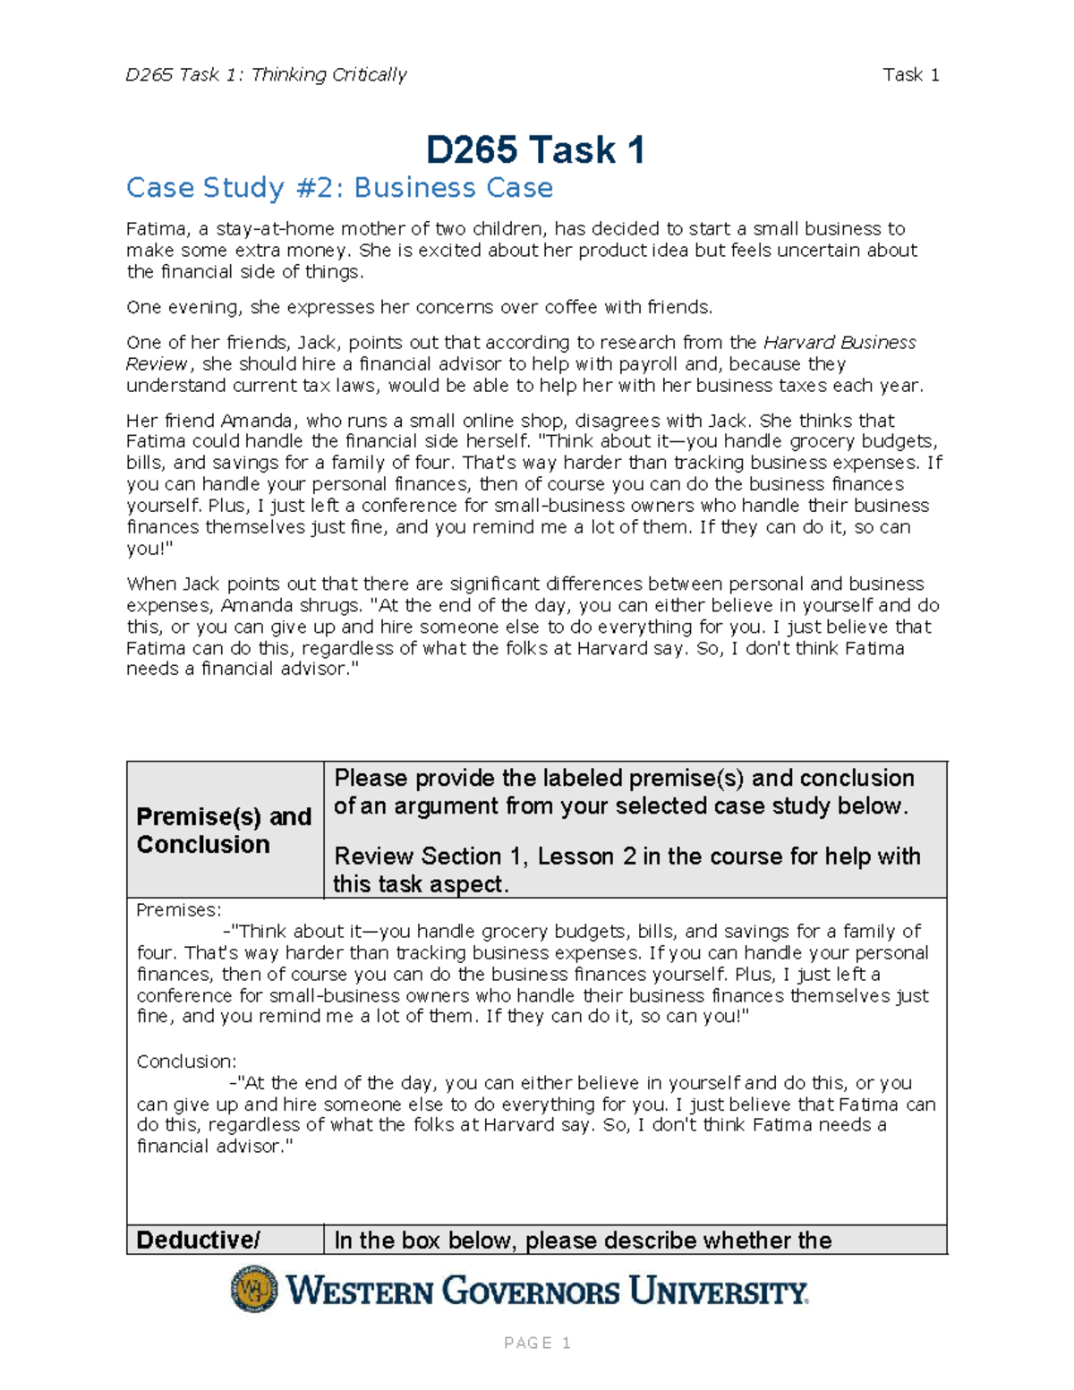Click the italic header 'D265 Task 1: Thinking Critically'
(266, 75)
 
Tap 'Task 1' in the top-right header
(910, 75)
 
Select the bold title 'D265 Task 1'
(535, 150)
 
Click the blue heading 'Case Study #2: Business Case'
(339, 188)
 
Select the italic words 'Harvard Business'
(839, 343)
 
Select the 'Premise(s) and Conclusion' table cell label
(224, 830)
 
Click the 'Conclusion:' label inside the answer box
(186, 1062)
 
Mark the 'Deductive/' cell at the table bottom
(198, 1241)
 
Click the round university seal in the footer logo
(254, 1290)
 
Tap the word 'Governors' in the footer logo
(531, 1292)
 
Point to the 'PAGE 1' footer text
(537, 1343)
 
